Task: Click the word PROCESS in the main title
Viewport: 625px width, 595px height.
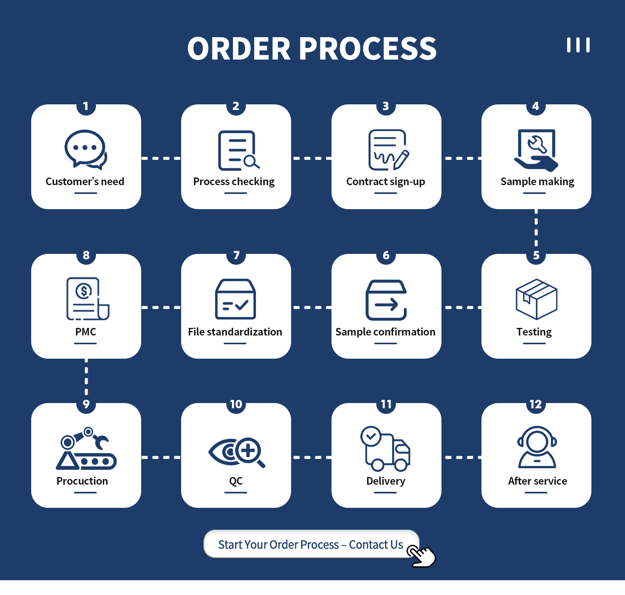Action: click(367, 49)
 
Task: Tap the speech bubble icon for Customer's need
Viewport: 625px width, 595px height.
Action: click(86, 149)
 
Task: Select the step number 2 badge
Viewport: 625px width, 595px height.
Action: click(236, 106)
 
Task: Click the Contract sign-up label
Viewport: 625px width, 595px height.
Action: click(385, 182)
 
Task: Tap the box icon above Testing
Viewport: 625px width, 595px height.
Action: click(536, 299)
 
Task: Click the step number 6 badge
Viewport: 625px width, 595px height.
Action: click(386, 256)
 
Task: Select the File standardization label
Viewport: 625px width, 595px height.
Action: click(235, 332)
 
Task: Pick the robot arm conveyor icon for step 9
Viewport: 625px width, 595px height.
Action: click(86, 448)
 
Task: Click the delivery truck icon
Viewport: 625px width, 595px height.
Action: click(385, 448)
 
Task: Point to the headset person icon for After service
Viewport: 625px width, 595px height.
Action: click(537, 447)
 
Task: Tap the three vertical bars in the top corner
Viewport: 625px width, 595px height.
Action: click(578, 45)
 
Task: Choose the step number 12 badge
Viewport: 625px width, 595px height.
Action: click(536, 405)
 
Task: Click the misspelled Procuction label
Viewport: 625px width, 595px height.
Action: click(82, 481)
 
